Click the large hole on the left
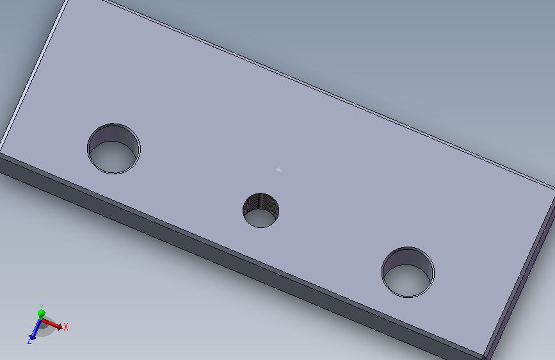point(113,149)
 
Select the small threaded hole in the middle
point(261,211)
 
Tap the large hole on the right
point(408,272)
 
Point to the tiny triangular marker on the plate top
point(278,169)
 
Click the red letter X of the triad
point(66,326)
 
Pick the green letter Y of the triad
point(42,306)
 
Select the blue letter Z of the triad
point(29,341)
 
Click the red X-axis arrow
point(52,323)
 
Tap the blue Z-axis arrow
point(35,329)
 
